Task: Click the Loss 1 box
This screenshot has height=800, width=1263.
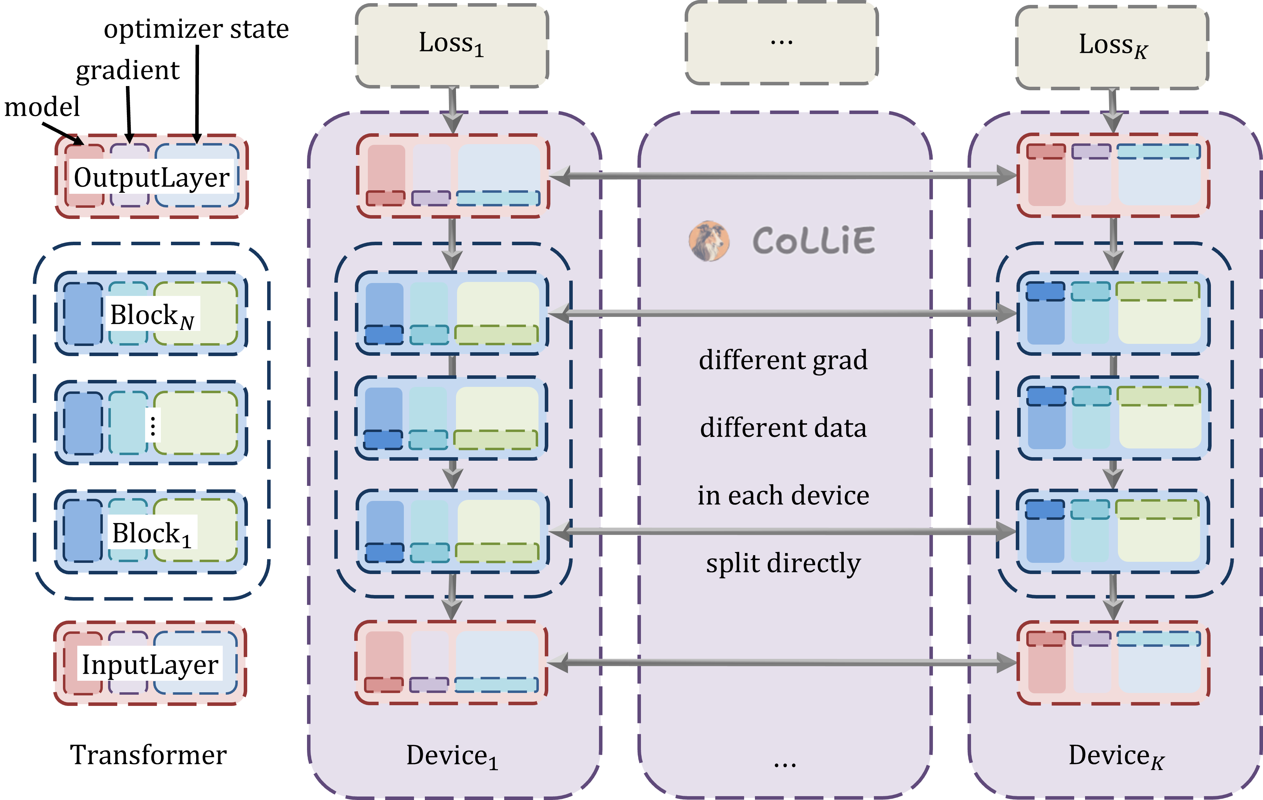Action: [x=452, y=45]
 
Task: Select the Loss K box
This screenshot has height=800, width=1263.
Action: [x=1112, y=47]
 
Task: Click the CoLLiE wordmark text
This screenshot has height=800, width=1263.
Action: [x=813, y=241]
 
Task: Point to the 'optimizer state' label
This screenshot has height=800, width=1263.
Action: [x=196, y=29]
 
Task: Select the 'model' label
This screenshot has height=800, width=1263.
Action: [x=42, y=107]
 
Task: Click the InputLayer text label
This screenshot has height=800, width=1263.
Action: [x=150, y=665]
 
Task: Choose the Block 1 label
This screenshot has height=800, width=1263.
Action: [x=152, y=533]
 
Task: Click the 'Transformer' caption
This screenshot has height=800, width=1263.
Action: [x=148, y=755]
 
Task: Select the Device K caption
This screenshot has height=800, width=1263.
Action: [x=1115, y=757]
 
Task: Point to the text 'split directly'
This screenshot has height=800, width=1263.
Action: [x=783, y=564]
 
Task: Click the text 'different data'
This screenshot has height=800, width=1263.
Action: [x=783, y=427]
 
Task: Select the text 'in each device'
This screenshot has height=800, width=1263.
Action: [x=783, y=495]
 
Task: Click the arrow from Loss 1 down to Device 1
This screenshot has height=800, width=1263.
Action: [x=452, y=110]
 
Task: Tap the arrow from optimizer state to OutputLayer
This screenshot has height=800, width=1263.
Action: [x=197, y=94]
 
